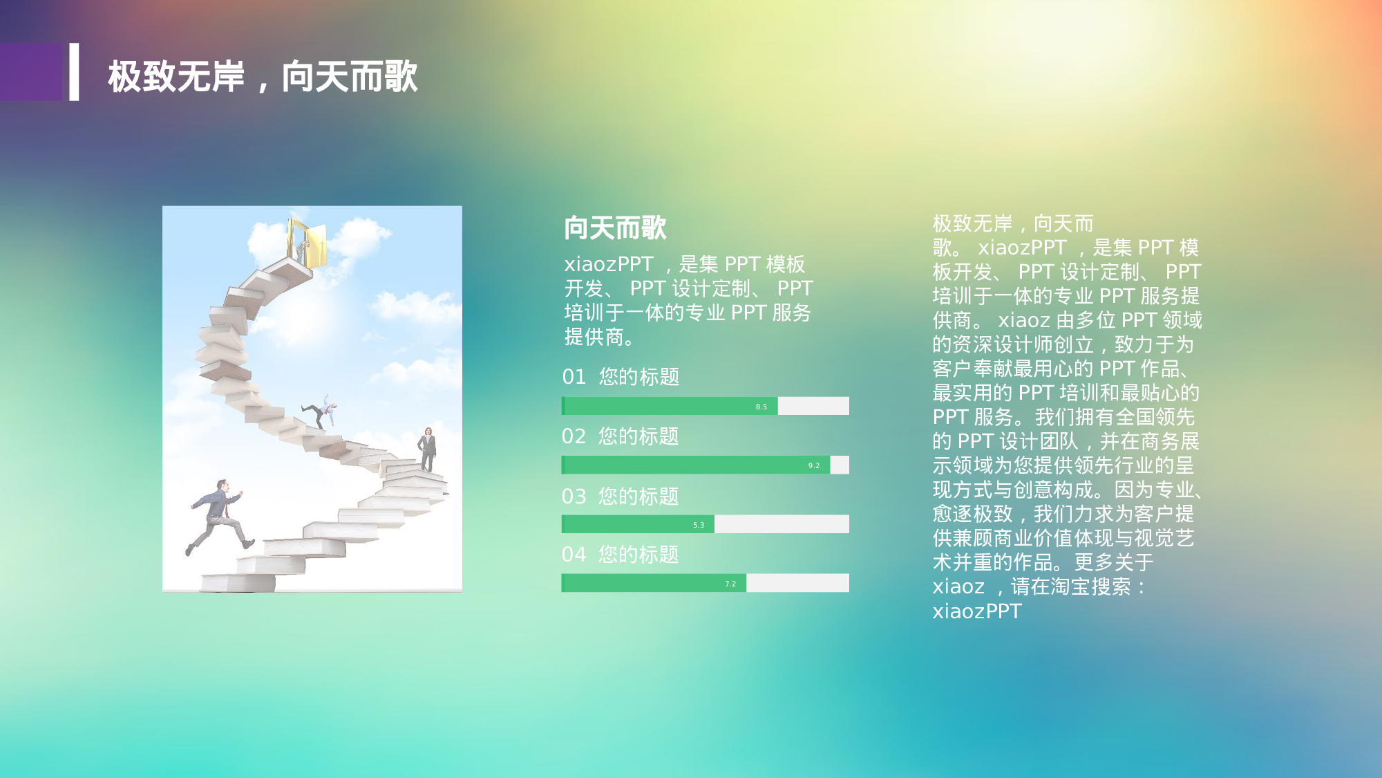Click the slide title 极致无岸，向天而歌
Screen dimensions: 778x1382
click(263, 76)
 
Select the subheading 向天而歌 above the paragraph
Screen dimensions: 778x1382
click(615, 228)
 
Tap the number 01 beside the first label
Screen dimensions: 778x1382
click(574, 377)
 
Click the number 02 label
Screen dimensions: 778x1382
click(574, 436)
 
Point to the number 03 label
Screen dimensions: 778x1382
click(574, 497)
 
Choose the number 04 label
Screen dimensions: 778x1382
click(574, 555)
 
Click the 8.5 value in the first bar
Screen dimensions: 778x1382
click(761, 407)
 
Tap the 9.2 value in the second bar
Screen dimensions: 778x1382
click(814, 465)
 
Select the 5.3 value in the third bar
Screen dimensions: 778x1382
click(699, 525)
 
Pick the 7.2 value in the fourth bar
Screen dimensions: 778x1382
click(730, 584)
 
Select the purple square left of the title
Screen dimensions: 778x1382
click(30, 72)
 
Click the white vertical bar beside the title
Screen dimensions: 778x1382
click(74, 72)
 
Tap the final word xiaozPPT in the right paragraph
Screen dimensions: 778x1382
click(976, 611)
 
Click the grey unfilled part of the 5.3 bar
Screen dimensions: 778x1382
click(781, 524)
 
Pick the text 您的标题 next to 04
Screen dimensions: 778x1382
click(638, 555)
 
